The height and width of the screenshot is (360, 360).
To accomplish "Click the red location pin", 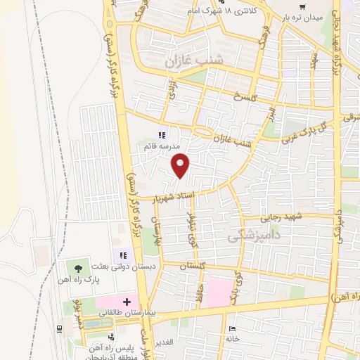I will [181, 165].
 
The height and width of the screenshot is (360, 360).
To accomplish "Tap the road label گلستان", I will [191, 267].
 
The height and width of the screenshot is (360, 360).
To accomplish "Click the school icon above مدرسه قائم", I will [161, 135].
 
